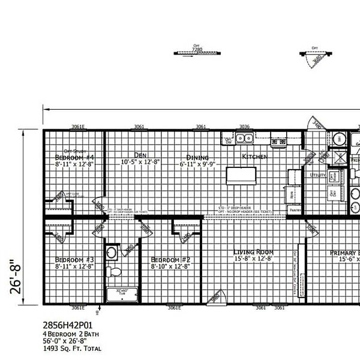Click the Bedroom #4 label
76,157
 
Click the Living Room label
254,252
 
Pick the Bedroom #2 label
170,259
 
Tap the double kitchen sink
244,139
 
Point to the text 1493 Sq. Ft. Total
72,349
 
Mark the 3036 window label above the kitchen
244,127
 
